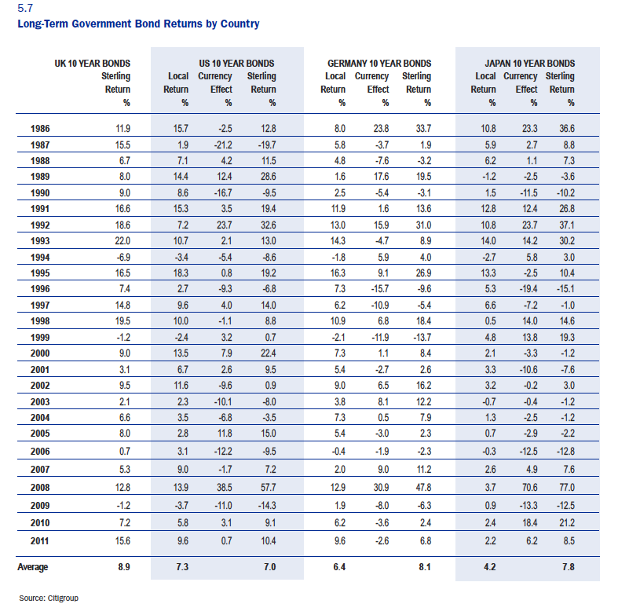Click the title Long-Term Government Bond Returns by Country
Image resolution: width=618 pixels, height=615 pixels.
point(138,24)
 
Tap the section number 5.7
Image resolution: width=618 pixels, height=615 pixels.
point(24,9)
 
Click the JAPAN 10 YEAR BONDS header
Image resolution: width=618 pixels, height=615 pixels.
point(529,64)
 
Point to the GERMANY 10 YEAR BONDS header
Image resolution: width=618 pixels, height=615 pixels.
point(378,64)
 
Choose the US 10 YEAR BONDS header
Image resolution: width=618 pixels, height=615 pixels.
point(232,64)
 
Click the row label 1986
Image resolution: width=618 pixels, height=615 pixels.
point(41,127)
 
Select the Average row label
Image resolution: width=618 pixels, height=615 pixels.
point(34,566)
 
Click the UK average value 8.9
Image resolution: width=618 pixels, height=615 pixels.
point(122,566)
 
